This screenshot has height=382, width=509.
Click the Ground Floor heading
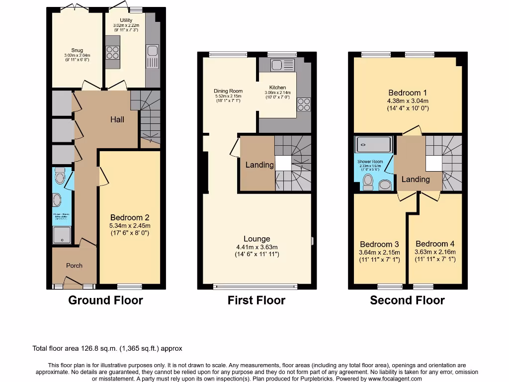pos(105,300)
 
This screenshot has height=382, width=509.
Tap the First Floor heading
pos(256,300)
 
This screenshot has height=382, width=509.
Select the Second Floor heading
pos(407,300)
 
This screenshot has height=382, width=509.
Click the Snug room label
pos(77,50)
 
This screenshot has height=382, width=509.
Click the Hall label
pos(117,119)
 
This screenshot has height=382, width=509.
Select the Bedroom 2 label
pos(130,218)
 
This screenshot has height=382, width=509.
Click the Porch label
pos(75,266)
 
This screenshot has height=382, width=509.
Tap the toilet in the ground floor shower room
pos(60,175)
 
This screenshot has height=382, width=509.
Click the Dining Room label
pos(228,91)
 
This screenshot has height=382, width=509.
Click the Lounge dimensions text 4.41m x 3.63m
pos(256,247)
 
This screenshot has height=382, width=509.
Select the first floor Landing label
pos(259,165)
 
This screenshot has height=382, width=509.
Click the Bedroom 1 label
pos(408,93)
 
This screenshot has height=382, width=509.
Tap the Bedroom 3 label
pos(379,244)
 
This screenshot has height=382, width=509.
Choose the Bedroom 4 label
pos(435,244)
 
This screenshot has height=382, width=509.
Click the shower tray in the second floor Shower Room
pos(373,145)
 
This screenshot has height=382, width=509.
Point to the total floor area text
pos(110,349)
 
